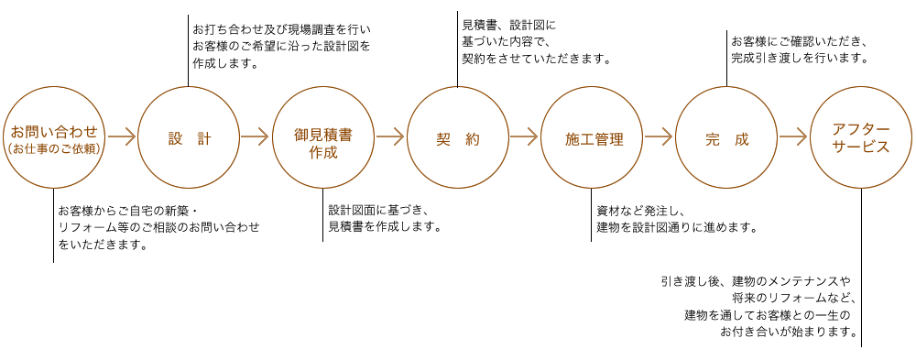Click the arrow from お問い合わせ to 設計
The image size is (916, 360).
(122, 138)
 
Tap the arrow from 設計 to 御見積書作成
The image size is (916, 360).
(255, 138)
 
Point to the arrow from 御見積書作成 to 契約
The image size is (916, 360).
(389, 138)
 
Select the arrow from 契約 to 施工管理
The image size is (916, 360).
(524, 138)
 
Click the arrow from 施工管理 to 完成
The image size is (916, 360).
(659, 138)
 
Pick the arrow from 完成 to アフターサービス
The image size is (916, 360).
(793, 138)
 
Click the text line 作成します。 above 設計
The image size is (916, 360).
(225, 64)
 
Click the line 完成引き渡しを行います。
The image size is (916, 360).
(798, 59)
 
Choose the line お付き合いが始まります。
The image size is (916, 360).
(789, 333)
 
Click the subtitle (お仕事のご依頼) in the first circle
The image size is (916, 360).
(53, 148)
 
